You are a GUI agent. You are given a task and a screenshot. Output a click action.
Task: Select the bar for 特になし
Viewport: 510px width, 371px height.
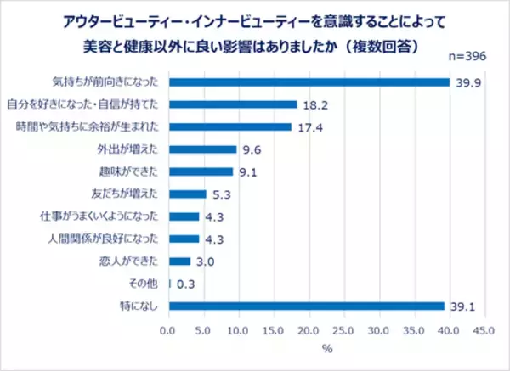(x=306, y=306)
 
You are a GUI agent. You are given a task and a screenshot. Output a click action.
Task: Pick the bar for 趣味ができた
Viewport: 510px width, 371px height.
(x=201, y=171)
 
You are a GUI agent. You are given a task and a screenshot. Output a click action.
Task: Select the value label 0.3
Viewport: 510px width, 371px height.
(x=184, y=284)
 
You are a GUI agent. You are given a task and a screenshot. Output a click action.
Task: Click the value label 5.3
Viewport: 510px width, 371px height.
(x=219, y=194)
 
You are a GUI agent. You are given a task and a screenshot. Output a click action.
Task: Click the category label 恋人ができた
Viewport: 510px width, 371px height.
(x=137, y=261)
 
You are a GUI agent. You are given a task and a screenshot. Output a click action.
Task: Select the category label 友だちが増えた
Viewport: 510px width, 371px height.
(x=132, y=194)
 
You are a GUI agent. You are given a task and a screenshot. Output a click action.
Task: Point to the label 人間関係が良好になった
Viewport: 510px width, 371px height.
(x=119, y=239)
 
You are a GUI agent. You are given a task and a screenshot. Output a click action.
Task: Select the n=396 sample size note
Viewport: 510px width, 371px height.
(x=470, y=56)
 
